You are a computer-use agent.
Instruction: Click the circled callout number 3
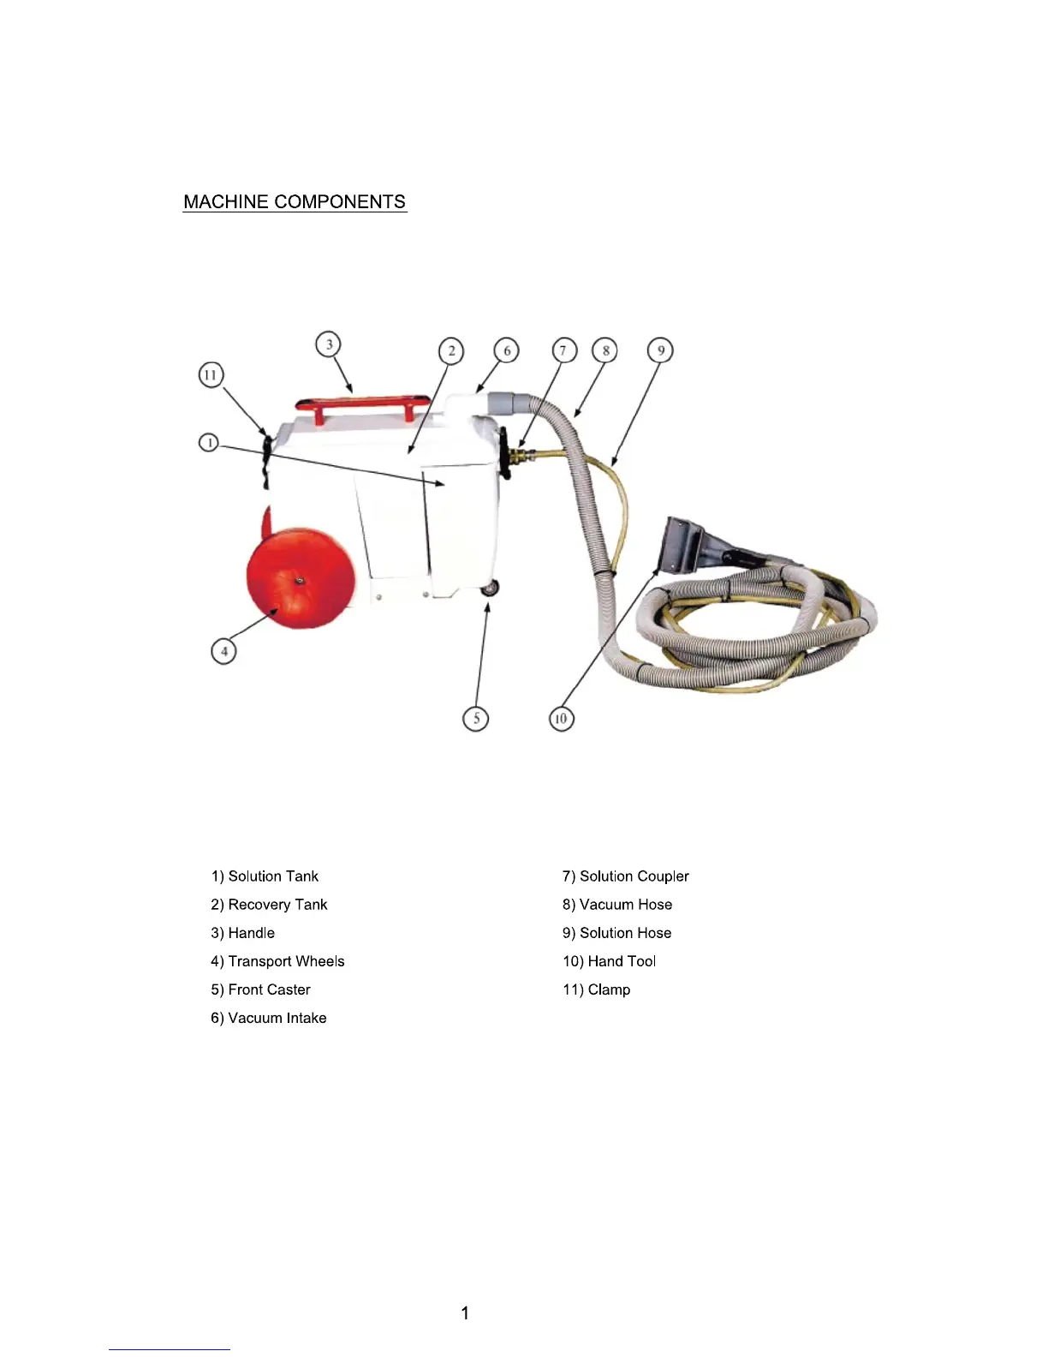pos(329,344)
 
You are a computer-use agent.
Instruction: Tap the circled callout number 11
pos(211,375)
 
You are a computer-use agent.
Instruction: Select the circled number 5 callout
pos(476,718)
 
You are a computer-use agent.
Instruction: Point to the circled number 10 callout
pos(561,718)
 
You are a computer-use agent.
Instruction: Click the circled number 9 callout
pos(660,350)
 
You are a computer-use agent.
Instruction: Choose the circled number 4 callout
pos(223,651)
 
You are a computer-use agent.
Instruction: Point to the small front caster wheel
pos(490,589)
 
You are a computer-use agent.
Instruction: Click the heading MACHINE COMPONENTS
pos(295,202)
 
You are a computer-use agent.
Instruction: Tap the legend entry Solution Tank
pos(265,876)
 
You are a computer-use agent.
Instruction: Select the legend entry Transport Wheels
pos(277,961)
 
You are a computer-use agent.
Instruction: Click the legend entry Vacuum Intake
pos(269,1018)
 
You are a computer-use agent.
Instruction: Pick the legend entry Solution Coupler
pos(625,876)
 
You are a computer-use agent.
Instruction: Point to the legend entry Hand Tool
pos(609,961)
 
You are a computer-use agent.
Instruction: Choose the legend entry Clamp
pos(596,989)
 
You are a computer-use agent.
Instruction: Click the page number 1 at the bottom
pos(465,1313)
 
